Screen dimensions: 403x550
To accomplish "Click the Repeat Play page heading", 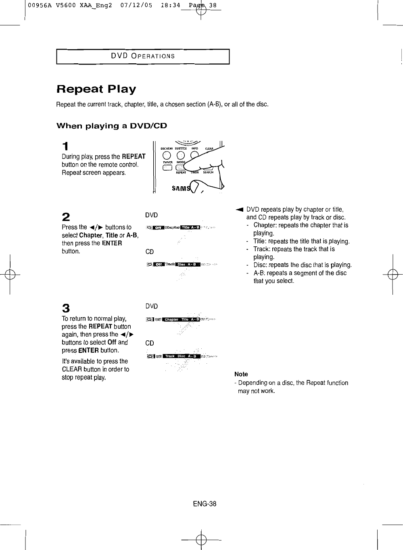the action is coord(96,89).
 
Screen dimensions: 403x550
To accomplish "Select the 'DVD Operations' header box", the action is coord(143,56).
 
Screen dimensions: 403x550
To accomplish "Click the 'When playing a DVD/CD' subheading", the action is coord(112,126).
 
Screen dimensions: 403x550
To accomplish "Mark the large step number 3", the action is coord(65,308).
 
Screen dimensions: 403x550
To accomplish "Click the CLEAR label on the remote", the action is coord(209,148).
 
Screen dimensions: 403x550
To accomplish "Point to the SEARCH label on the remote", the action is coord(208,172).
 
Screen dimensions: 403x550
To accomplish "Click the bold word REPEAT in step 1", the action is coord(134,156).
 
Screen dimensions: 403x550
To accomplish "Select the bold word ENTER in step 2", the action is coord(112,243).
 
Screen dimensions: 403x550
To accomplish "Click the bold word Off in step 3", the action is coord(112,342).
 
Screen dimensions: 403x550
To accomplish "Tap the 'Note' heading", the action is coord(241,374).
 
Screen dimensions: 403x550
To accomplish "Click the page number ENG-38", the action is coord(205,504).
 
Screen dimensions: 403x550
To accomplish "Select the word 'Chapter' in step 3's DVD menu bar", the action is coord(171,320).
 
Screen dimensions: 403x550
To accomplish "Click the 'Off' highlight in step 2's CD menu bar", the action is coord(159,265).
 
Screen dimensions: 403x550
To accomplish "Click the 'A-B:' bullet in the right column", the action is coord(259,273).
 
